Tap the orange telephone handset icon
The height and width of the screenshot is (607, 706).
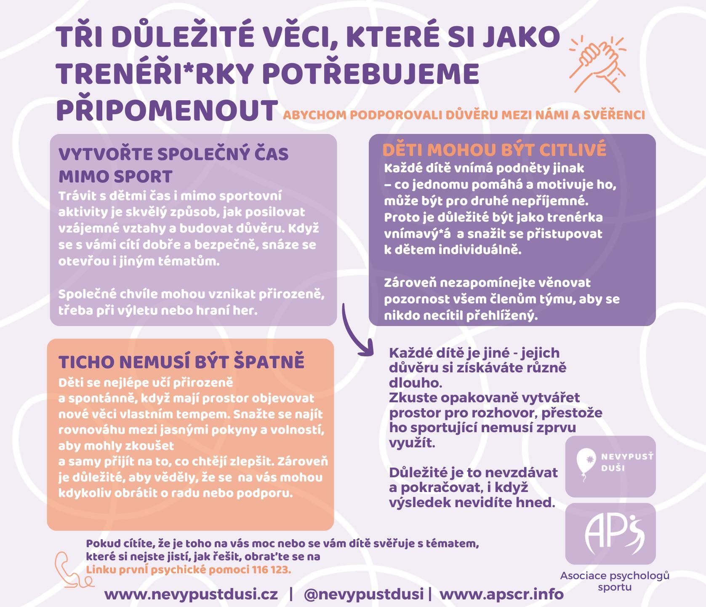[69, 571]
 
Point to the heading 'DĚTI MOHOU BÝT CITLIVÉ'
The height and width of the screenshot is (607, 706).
[494, 150]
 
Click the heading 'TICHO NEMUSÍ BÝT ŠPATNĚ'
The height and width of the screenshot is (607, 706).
[181, 362]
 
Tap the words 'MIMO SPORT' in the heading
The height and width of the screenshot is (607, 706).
[115, 176]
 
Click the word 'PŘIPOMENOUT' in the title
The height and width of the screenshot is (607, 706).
[165, 110]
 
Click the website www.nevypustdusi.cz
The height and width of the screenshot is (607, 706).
[191, 594]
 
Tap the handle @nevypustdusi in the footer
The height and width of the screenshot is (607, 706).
[363, 594]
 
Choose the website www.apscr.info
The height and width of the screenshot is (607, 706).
[501, 594]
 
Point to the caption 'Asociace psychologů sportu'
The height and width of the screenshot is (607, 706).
[614, 581]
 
